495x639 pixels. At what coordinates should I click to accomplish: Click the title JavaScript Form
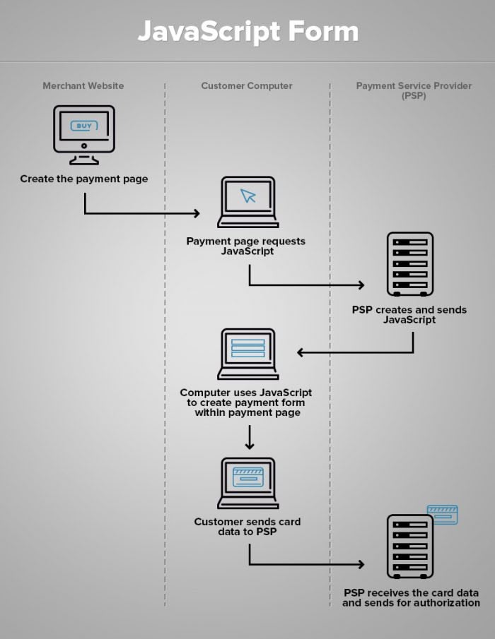[248, 32]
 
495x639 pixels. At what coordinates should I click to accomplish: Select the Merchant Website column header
[83, 85]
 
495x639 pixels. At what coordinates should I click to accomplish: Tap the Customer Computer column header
[246, 85]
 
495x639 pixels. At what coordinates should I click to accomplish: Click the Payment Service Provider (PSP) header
[413, 90]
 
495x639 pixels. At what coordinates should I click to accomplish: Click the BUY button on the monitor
[83, 126]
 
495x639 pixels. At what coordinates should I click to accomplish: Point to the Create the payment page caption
[84, 179]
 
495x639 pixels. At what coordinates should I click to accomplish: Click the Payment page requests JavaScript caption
[246, 246]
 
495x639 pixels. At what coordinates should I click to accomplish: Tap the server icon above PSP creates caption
[409, 264]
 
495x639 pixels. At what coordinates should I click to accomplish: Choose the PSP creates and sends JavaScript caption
[409, 314]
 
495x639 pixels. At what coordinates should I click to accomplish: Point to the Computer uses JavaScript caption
[246, 402]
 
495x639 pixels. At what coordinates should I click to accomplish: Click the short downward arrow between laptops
[249, 438]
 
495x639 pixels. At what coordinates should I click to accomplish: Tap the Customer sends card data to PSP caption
[248, 527]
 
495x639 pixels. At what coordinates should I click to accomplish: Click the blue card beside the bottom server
[443, 514]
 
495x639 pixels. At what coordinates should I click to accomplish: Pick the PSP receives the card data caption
[411, 597]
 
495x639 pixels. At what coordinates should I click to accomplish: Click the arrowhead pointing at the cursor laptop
[197, 213]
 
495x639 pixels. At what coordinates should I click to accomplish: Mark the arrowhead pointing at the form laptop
[301, 352]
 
